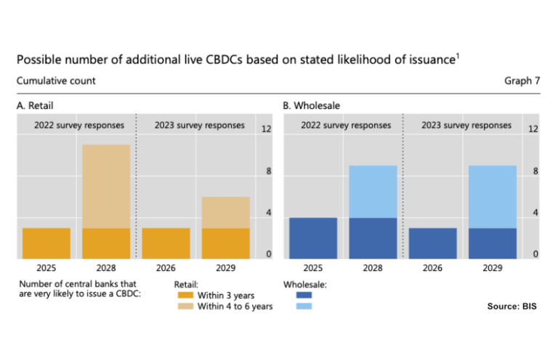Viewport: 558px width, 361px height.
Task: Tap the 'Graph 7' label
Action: [x=522, y=81]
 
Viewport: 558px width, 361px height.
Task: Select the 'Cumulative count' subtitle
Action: [x=56, y=81]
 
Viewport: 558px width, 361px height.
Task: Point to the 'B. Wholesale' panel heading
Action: [x=311, y=106]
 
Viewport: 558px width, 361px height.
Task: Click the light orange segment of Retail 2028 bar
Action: [x=106, y=186]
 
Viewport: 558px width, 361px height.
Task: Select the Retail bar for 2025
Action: [x=46, y=243]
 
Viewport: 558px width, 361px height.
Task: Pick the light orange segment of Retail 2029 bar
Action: [x=225, y=212]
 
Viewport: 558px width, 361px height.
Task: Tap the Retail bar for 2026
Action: [x=166, y=243]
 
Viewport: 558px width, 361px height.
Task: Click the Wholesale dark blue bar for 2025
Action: [x=313, y=238]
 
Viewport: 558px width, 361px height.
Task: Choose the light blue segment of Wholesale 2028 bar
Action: [x=373, y=191]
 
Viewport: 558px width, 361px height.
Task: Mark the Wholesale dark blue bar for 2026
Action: [x=432, y=243]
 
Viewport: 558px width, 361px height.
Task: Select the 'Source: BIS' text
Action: [x=511, y=307]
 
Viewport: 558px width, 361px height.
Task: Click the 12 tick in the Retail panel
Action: [x=266, y=129]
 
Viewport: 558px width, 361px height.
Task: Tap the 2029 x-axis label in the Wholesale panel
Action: [x=492, y=267]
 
